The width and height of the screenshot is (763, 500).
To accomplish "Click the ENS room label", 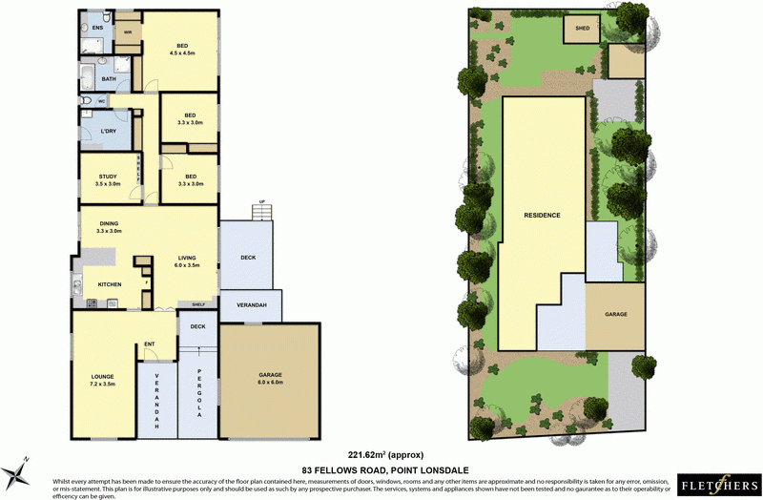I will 97,28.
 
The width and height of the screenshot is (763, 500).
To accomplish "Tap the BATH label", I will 96,78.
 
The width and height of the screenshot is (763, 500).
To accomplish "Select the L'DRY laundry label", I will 108,132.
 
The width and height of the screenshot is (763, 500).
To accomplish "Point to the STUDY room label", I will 108,177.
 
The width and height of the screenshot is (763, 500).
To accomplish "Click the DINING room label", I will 110,224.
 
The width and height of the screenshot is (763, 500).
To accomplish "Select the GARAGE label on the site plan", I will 615,314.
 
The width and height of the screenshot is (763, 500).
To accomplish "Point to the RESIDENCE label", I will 542,216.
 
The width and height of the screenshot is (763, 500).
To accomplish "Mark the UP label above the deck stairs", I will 258,202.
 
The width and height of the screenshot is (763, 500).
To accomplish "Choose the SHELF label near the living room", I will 197,304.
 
